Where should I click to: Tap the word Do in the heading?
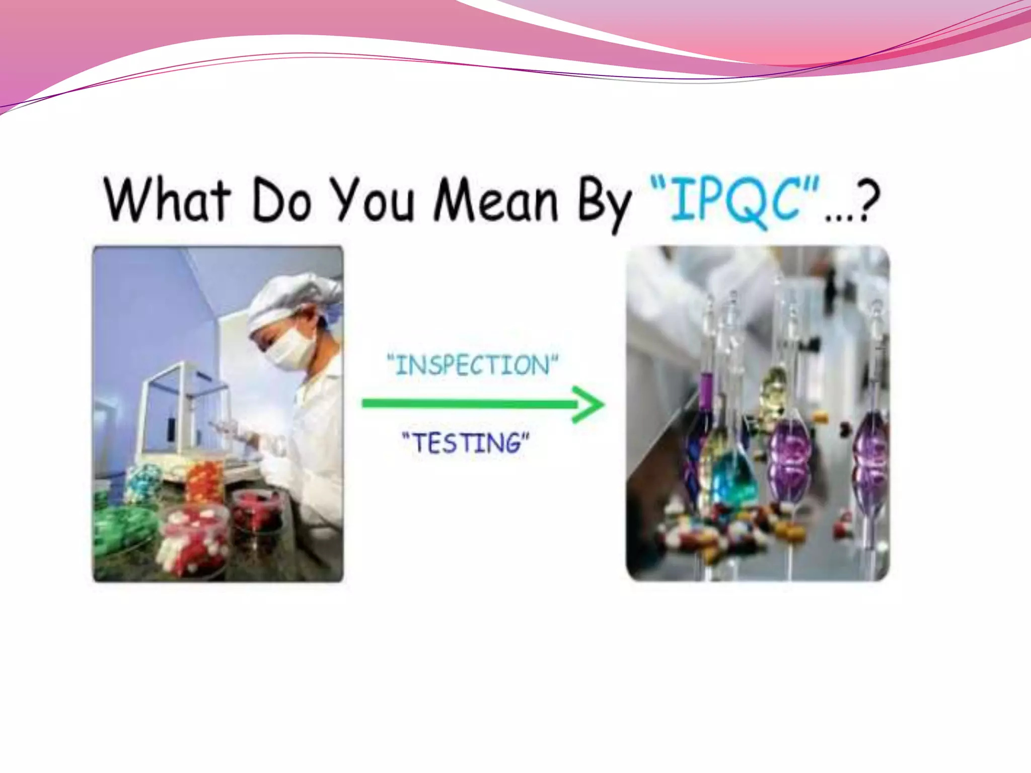click(280, 201)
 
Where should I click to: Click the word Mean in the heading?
click(495, 201)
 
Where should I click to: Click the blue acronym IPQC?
click(735, 201)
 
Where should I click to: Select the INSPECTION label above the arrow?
click(472, 365)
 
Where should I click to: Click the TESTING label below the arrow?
click(466, 443)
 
